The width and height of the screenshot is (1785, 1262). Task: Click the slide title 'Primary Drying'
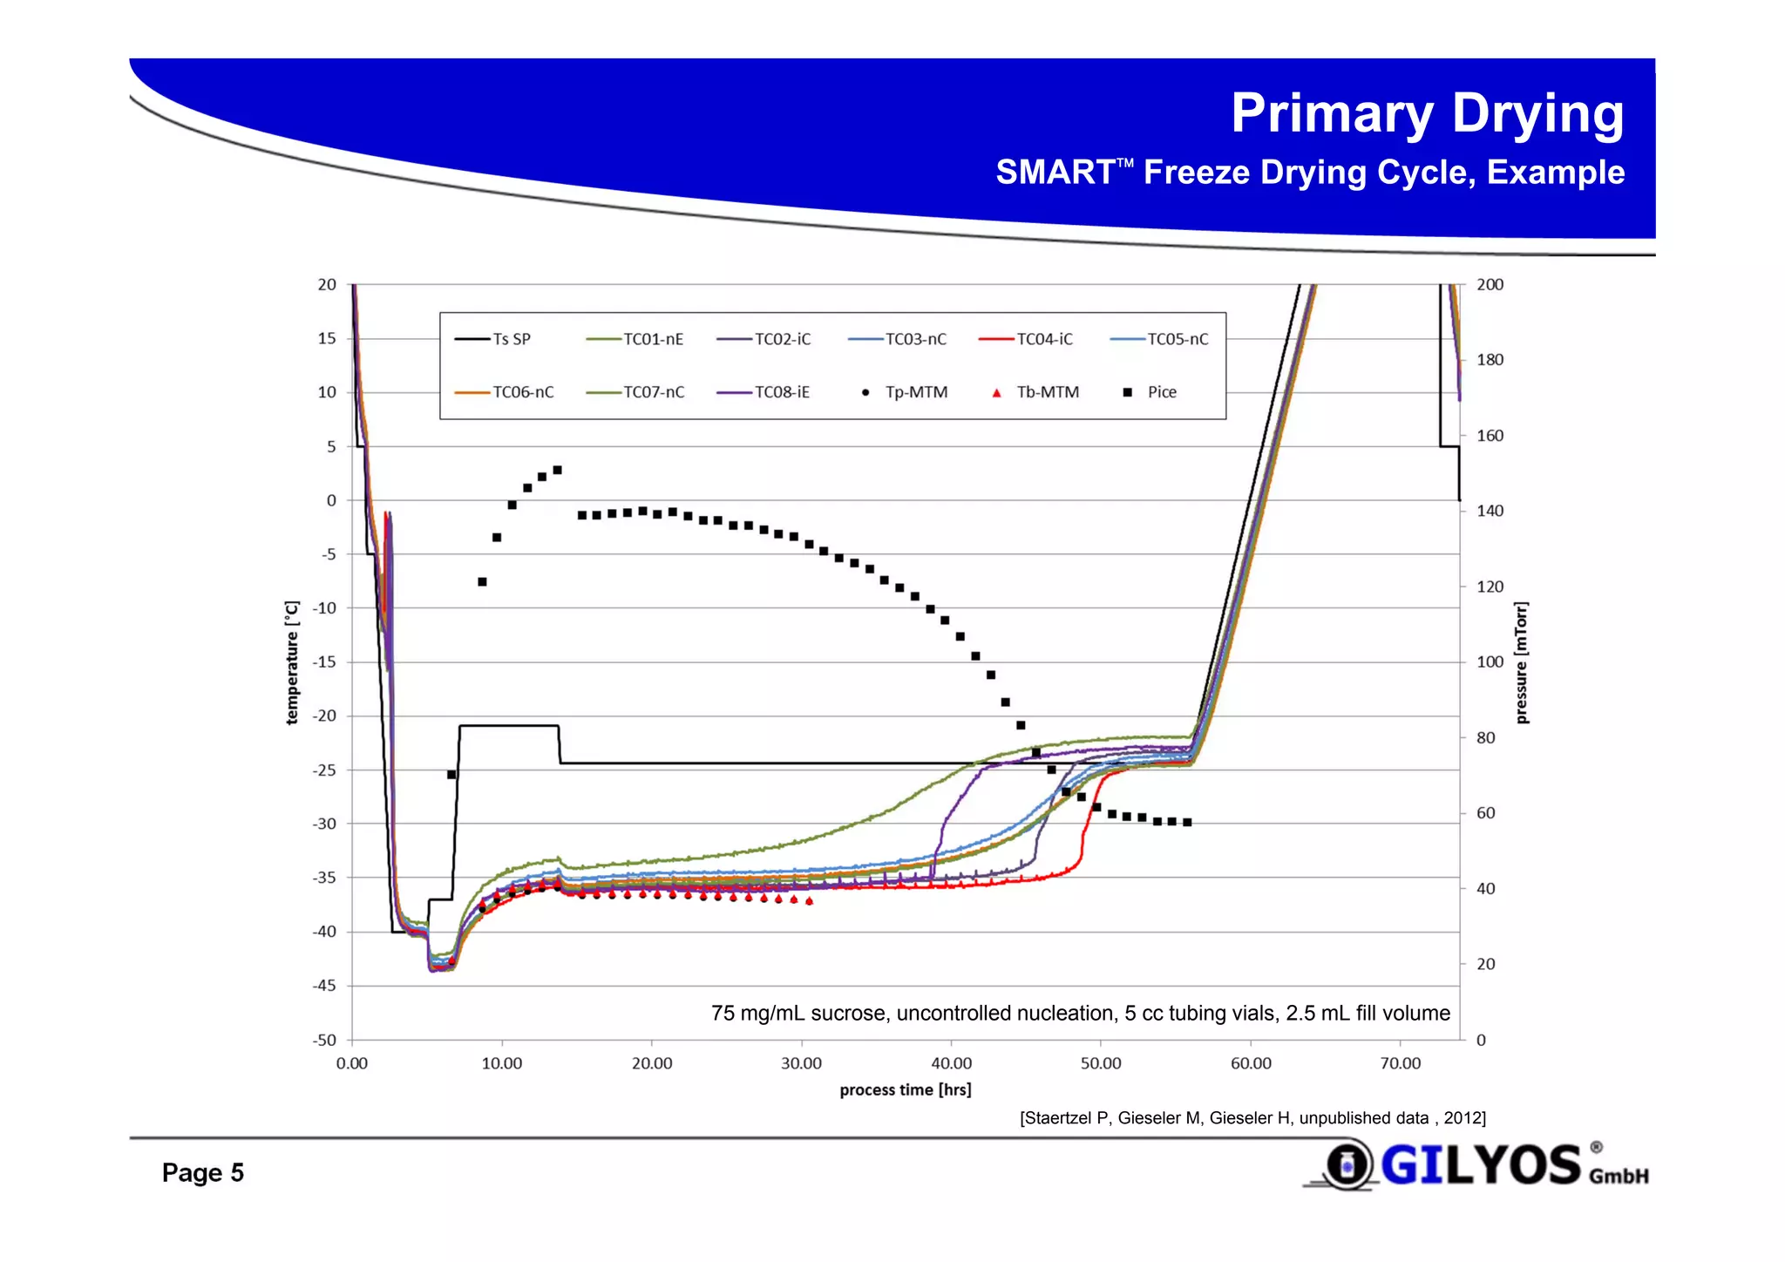[x=1427, y=113]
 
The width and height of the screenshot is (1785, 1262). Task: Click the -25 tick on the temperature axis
[x=324, y=770]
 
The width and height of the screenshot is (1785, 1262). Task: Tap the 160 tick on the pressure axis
[x=1490, y=436]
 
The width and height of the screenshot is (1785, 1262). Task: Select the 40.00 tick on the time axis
[x=951, y=1063]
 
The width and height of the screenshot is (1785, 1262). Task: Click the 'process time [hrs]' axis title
[x=905, y=1089]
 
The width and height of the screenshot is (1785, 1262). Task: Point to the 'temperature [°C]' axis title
[x=293, y=662]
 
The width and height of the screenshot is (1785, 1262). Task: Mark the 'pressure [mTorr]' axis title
[x=1522, y=662]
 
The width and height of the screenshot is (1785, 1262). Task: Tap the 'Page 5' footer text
[x=202, y=1172]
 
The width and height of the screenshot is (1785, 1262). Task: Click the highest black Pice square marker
[x=558, y=470]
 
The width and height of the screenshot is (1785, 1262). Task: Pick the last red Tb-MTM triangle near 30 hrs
[x=810, y=901]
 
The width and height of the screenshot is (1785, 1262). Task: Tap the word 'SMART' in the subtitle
[x=1055, y=173]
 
